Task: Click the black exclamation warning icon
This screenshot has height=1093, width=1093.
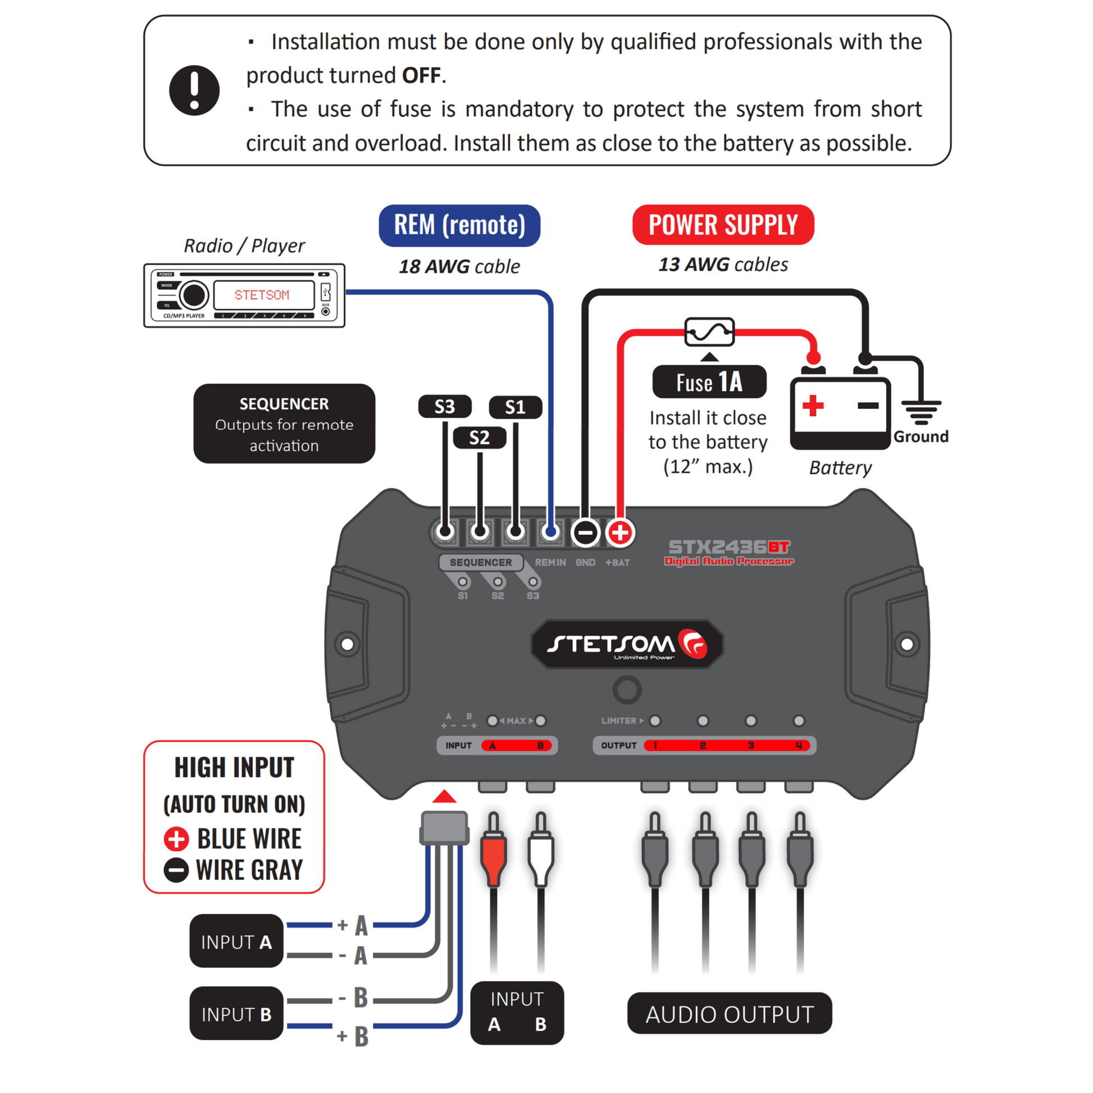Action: pyautogui.click(x=194, y=90)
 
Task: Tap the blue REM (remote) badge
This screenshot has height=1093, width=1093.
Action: pyautogui.click(x=459, y=225)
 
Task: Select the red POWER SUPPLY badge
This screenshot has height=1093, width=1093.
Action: pyautogui.click(x=722, y=225)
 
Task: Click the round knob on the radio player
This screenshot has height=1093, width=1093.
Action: pyautogui.click(x=194, y=295)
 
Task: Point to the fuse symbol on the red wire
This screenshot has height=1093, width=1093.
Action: pyautogui.click(x=709, y=332)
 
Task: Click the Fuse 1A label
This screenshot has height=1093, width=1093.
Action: pyautogui.click(x=709, y=382)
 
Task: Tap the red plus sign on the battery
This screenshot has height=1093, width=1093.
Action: pyautogui.click(x=812, y=406)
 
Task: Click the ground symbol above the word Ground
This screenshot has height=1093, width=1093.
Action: pyautogui.click(x=921, y=412)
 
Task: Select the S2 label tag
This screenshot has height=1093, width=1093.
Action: pyautogui.click(x=479, y=438)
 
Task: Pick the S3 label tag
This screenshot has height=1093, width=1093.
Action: pyautogui.click(x=445, y=406)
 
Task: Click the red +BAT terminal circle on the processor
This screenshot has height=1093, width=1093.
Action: pyautogui.click(x=620, y=532)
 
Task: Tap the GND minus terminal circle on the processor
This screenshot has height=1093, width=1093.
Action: pyautogui.click(x=585, y=532)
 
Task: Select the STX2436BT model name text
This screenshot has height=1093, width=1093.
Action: pyautogui.click(x=728, y=547)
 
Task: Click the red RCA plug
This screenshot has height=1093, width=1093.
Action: pyautogui.click(x=493, y=853)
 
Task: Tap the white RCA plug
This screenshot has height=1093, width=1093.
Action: pyautogui.click(x=540, y=853)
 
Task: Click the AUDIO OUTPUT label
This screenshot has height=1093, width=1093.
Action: pyautogui.click(x=729, y=1014)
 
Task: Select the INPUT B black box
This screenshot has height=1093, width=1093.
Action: pyautogui.click(x=236, y=1014)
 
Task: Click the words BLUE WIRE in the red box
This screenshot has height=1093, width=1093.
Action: pyautogui.click(x=249, y=839)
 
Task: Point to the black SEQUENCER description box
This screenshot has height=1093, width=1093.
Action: pyautogui.click(x=284, y=423)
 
